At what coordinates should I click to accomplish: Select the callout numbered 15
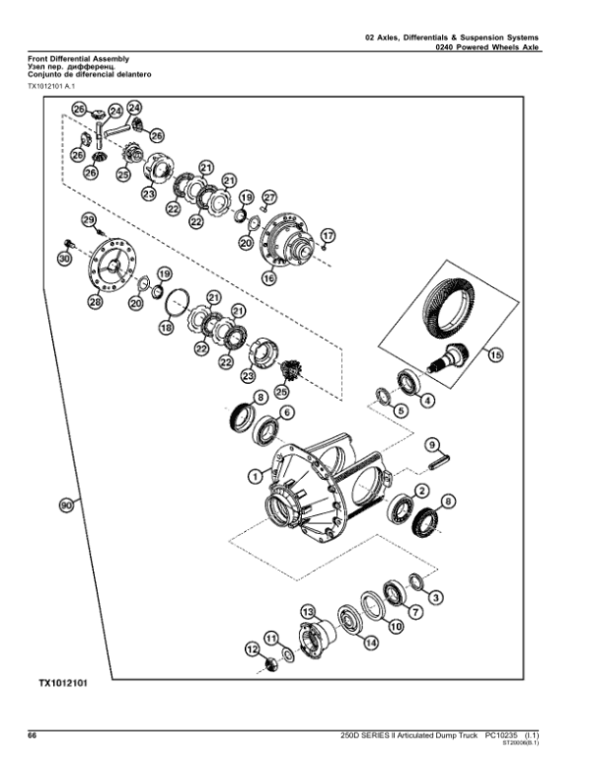tap(495, 354)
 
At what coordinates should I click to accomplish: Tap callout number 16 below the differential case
tap(268, 279)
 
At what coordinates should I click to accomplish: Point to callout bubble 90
tap(67, 505)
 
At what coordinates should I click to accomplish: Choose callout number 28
tap(95, 303)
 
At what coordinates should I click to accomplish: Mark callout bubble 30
tap(65, 259)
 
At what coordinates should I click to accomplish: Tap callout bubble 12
tap(253, 649)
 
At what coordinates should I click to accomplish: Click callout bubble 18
tap(166, 326)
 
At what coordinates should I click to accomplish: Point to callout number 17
tap(328, 235)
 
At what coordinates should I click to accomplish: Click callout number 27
tap(268, 197)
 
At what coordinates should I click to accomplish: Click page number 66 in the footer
tap(32, 735)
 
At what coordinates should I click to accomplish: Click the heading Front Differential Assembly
tap(78, 60)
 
